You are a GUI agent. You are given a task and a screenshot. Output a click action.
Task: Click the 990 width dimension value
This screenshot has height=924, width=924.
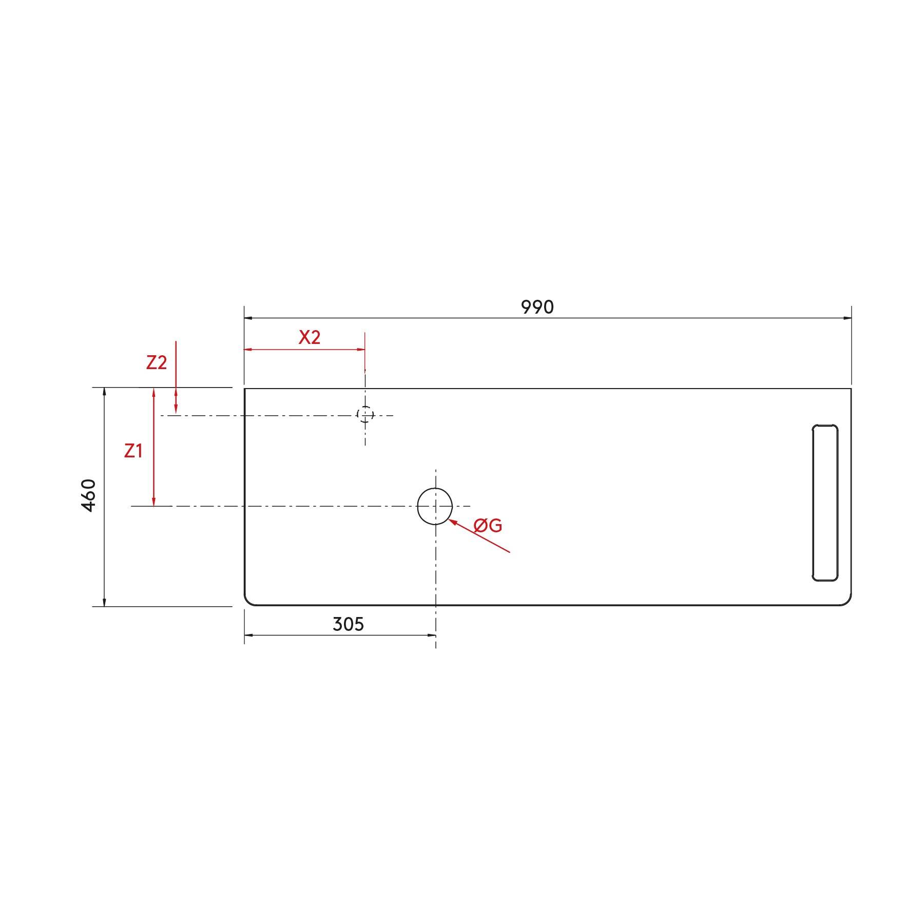(537, 307)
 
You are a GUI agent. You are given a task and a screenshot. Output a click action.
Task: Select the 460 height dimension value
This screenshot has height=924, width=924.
(89, 495)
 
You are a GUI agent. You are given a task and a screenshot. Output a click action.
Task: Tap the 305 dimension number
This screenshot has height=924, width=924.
(348, 624)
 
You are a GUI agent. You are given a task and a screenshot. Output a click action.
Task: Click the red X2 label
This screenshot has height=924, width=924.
(310, 337)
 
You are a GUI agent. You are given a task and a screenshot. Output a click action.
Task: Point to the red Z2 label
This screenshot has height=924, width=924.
(157, 362)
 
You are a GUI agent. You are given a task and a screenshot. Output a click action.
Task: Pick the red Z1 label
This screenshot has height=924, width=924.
(133, 451)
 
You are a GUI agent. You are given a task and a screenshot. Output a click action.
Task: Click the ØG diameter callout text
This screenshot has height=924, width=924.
(488, 525)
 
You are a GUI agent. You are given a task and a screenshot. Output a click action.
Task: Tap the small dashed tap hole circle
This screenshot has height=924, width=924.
(365, 414)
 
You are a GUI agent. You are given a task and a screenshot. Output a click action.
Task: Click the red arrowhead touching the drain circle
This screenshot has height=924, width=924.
(452, 522)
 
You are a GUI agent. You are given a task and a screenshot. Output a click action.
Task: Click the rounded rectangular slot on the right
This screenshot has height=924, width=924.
(825, 503)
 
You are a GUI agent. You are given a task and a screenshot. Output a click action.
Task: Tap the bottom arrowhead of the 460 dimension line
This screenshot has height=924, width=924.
(104, 602)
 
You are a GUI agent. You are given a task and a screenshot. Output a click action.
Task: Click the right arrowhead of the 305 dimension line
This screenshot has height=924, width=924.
(432, 635)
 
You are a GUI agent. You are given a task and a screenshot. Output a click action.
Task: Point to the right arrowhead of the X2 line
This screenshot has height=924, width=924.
(361, 350)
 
